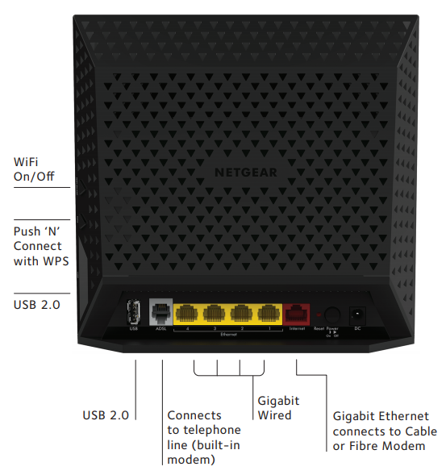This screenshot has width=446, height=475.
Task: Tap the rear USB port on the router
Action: (x=135, y=313)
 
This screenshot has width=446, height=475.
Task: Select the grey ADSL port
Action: (x=161, y=312)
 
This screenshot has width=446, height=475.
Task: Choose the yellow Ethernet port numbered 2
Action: (x=240, y=313)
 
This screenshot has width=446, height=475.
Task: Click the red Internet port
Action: (x=296, y=313)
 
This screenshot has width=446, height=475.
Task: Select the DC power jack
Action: (x=355, y=314)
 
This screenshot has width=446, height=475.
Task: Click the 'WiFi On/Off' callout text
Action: (x=34, y=169)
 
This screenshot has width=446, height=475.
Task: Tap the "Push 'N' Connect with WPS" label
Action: (x=41, y=247)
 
